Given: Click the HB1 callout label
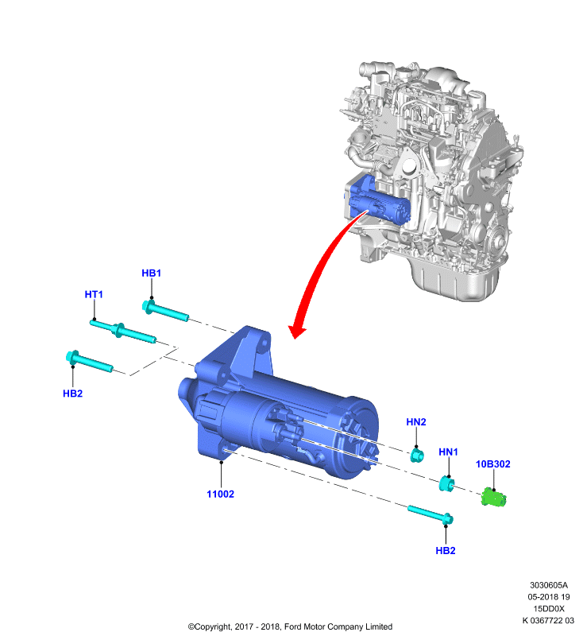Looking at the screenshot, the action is click(151, 273).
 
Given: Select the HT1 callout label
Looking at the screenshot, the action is click(94, 294).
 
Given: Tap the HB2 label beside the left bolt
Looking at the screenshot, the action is click(72, 393).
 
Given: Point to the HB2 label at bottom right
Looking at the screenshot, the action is click(446, 550).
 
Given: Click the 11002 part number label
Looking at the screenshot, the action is click(220, 494).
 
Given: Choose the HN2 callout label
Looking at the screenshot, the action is click(416, 422).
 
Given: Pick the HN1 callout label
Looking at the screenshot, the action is click(448, 452).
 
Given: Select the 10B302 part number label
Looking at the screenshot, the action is click(492, 464).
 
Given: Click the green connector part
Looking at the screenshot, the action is click(494, 498).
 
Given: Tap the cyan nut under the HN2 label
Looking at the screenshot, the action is click(416, 455).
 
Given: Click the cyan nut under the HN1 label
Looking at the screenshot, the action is click(446, 483).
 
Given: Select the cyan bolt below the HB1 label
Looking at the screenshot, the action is click(165, 311).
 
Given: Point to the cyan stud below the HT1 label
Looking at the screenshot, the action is click(123, 331).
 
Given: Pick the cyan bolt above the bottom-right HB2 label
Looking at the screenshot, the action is click(430, 514).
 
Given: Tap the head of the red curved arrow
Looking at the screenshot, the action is click(296, 332).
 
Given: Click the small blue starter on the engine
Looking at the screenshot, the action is click(379, 202).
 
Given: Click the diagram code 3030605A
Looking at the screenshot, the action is click(549, 585).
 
